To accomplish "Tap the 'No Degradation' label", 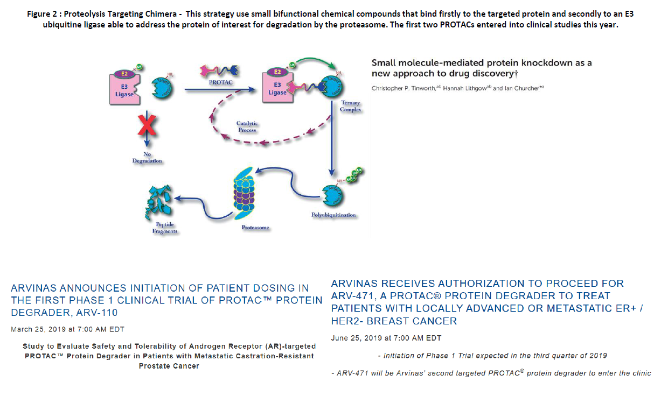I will (147, 157).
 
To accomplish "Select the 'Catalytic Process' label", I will (247, 126).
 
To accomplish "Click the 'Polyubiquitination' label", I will (334, 215).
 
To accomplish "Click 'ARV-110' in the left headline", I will (98, 313).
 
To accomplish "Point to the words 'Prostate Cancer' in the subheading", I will (169, 366).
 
